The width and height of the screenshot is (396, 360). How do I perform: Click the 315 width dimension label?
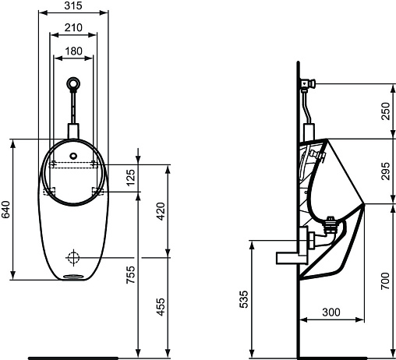click(x=73, y=5)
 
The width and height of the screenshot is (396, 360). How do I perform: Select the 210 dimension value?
click(x=73, y=27)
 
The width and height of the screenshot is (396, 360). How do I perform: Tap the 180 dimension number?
click(x=73, y=51)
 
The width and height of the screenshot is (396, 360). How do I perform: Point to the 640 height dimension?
click(x=5, y=210)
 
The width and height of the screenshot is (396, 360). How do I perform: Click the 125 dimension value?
click(x=131, y=178)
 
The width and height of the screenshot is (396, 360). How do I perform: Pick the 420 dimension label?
click(x=161, y=211)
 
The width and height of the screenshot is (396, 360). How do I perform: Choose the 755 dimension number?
click(x=131, y=274)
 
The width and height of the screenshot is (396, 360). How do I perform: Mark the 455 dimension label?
click(x=161, y=307)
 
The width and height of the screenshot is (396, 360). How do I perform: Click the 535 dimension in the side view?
click(x=244, y=299)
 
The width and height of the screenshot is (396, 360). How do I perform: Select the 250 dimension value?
click(x=386, y=111)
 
